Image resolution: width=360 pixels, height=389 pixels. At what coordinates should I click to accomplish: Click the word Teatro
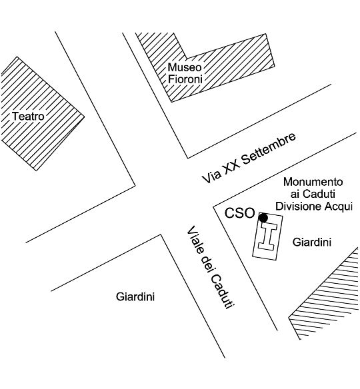(28, 116)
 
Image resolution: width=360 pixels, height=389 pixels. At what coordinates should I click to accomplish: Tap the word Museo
(185, 67)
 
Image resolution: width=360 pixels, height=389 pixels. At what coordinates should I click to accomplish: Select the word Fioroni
(185, 79)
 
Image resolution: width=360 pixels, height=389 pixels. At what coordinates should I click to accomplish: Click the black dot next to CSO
(263, 218)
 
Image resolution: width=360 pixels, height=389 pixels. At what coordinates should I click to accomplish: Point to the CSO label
(240, 213)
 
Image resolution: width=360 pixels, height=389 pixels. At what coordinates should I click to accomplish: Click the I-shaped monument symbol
(267, 236)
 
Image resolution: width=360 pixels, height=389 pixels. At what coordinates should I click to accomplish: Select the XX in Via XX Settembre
(231, 169)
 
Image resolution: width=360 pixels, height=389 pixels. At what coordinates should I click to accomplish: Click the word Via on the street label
(211, 177)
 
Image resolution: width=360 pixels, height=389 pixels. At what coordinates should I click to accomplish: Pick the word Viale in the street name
(195, 240)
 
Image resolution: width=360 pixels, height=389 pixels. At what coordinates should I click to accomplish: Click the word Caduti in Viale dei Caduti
(223, 292)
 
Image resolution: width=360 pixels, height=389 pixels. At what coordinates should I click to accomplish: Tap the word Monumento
(313, 182)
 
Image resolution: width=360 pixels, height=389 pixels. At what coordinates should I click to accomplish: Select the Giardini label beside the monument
(311, 242)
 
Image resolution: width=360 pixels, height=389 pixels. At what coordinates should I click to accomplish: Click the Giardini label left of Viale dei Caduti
(135, 296)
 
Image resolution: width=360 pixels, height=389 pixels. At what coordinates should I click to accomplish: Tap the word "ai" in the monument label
(295, 194)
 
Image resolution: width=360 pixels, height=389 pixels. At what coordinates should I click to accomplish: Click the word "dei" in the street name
(206, 264)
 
